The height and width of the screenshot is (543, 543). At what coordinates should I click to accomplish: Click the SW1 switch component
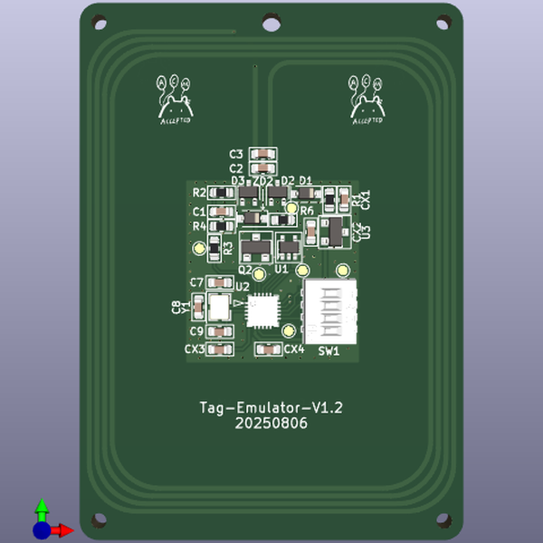329,310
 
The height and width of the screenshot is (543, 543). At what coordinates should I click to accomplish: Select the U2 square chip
263,310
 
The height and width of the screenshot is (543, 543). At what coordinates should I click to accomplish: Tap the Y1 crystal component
218,306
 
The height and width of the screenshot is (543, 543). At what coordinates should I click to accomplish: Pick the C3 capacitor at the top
263,154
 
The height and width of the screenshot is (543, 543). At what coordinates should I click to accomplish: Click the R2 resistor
219,194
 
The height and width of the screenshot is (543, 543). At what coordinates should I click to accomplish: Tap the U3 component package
334,231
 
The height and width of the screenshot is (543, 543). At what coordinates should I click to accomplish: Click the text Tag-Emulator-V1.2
271,407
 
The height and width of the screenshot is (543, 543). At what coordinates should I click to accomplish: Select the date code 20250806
271,423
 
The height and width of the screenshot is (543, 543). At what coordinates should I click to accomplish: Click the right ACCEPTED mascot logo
367,99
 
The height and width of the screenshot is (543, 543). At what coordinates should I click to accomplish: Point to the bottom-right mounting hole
443,520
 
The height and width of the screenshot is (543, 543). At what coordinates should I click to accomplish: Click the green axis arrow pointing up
42,508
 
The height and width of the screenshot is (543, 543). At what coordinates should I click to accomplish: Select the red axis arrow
62,530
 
